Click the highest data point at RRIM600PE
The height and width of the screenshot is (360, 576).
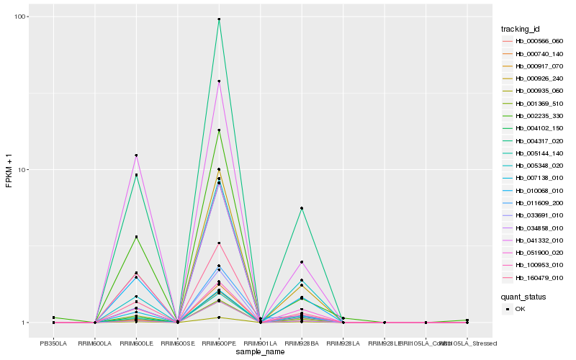tap(219, 19)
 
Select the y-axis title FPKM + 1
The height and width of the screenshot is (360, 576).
tap(9, 170)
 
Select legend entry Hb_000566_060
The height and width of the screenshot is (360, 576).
tap(539, 41)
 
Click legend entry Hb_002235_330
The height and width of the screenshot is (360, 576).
tap(539, 115)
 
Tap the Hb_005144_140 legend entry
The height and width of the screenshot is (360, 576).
tap(539, 153)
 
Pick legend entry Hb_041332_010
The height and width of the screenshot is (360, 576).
tap(539, 240)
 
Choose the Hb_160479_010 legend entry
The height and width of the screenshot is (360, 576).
tap(539, 277)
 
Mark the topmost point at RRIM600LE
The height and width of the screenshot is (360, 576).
tap(136, 156)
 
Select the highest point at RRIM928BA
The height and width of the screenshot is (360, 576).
tap(302, 208)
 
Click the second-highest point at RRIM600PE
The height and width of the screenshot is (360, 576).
tap(219, 81)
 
